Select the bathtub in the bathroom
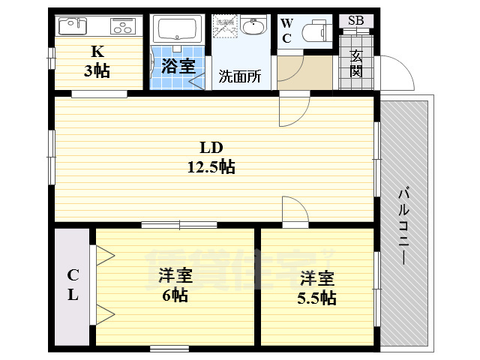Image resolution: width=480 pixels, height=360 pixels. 178,31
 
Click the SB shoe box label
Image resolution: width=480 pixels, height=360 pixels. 355,21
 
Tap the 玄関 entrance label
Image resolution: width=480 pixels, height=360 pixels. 355,64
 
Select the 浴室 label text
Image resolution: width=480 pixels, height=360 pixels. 178,65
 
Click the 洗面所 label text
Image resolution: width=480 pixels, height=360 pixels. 240,76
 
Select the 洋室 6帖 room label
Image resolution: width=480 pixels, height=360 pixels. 173,285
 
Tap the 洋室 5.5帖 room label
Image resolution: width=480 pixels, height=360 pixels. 316,288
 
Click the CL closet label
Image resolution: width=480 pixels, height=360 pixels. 73,284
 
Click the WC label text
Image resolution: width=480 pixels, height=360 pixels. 286,31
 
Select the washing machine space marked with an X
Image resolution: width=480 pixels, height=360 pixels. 225,28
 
